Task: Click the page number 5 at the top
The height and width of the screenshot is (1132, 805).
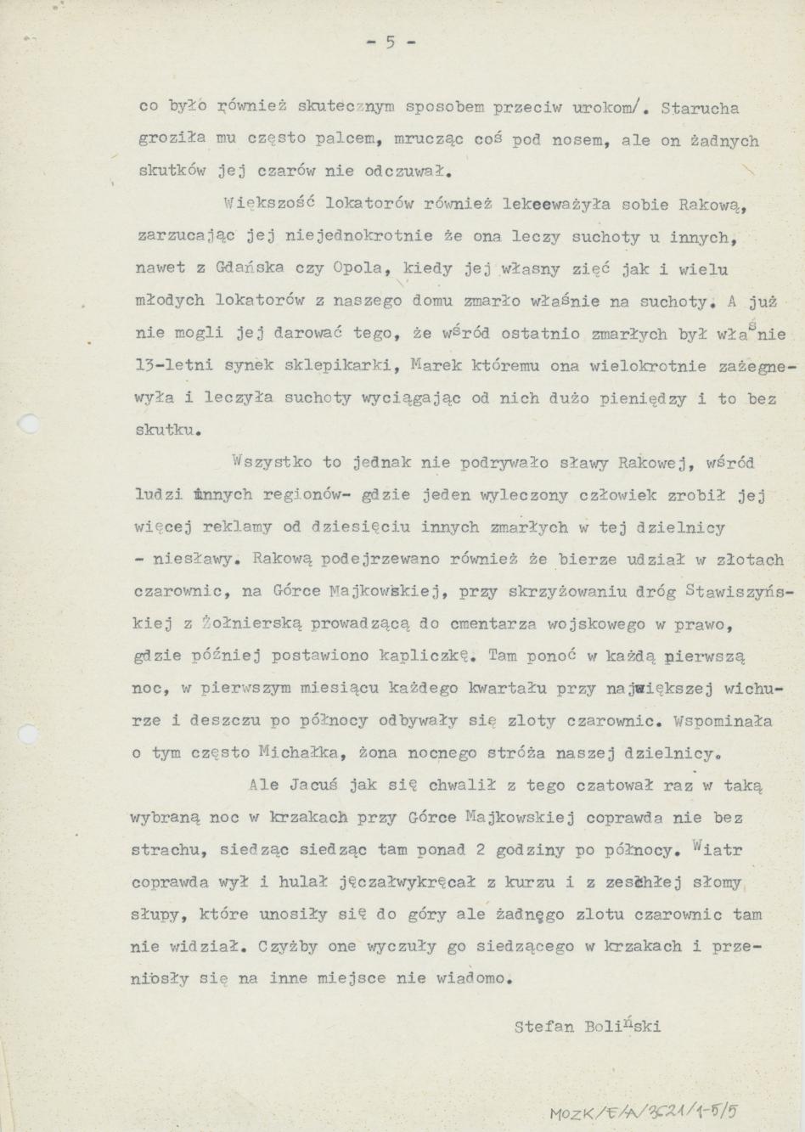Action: [390, 42]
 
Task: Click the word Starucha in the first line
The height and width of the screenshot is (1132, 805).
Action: [699, 109]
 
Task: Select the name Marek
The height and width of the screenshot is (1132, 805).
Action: [435, 366]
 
